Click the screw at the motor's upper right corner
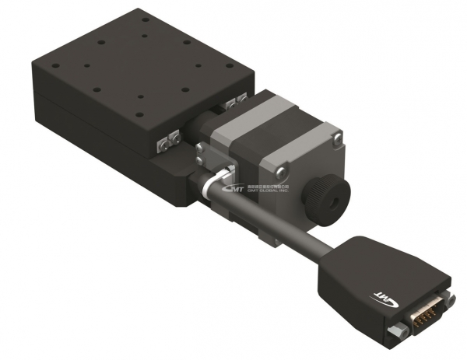tap(336, 138)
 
